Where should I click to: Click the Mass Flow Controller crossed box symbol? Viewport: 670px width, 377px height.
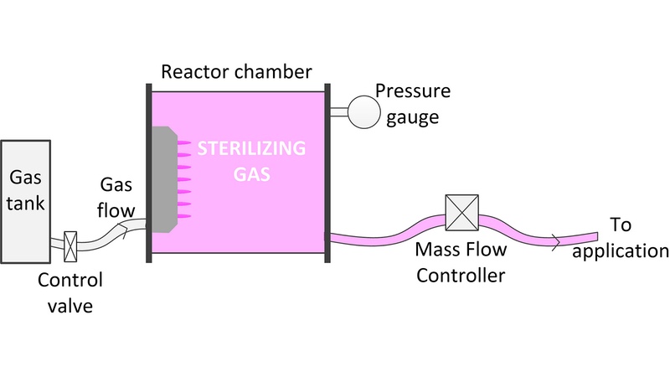pos(461,212)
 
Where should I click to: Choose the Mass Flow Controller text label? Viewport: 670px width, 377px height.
pos(459,261)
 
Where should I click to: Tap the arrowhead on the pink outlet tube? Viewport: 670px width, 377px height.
pos(555,242)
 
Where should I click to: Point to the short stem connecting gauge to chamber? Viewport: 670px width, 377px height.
pos(338,112)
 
